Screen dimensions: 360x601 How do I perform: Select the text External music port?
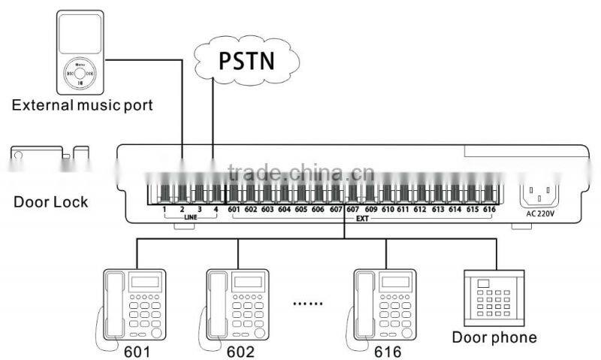point(82,104)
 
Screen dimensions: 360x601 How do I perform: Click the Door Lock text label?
point(50,201)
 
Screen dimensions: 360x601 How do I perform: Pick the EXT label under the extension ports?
point(361,218)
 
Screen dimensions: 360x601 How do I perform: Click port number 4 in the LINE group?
point(216,209)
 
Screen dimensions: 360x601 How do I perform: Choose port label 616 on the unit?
point(489,209)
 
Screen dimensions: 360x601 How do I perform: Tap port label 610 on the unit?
point(388,209)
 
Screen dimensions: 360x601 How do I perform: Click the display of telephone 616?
point(393,283)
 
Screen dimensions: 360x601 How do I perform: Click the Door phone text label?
point(494,337)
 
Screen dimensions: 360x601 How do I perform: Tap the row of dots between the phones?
point(306,304)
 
